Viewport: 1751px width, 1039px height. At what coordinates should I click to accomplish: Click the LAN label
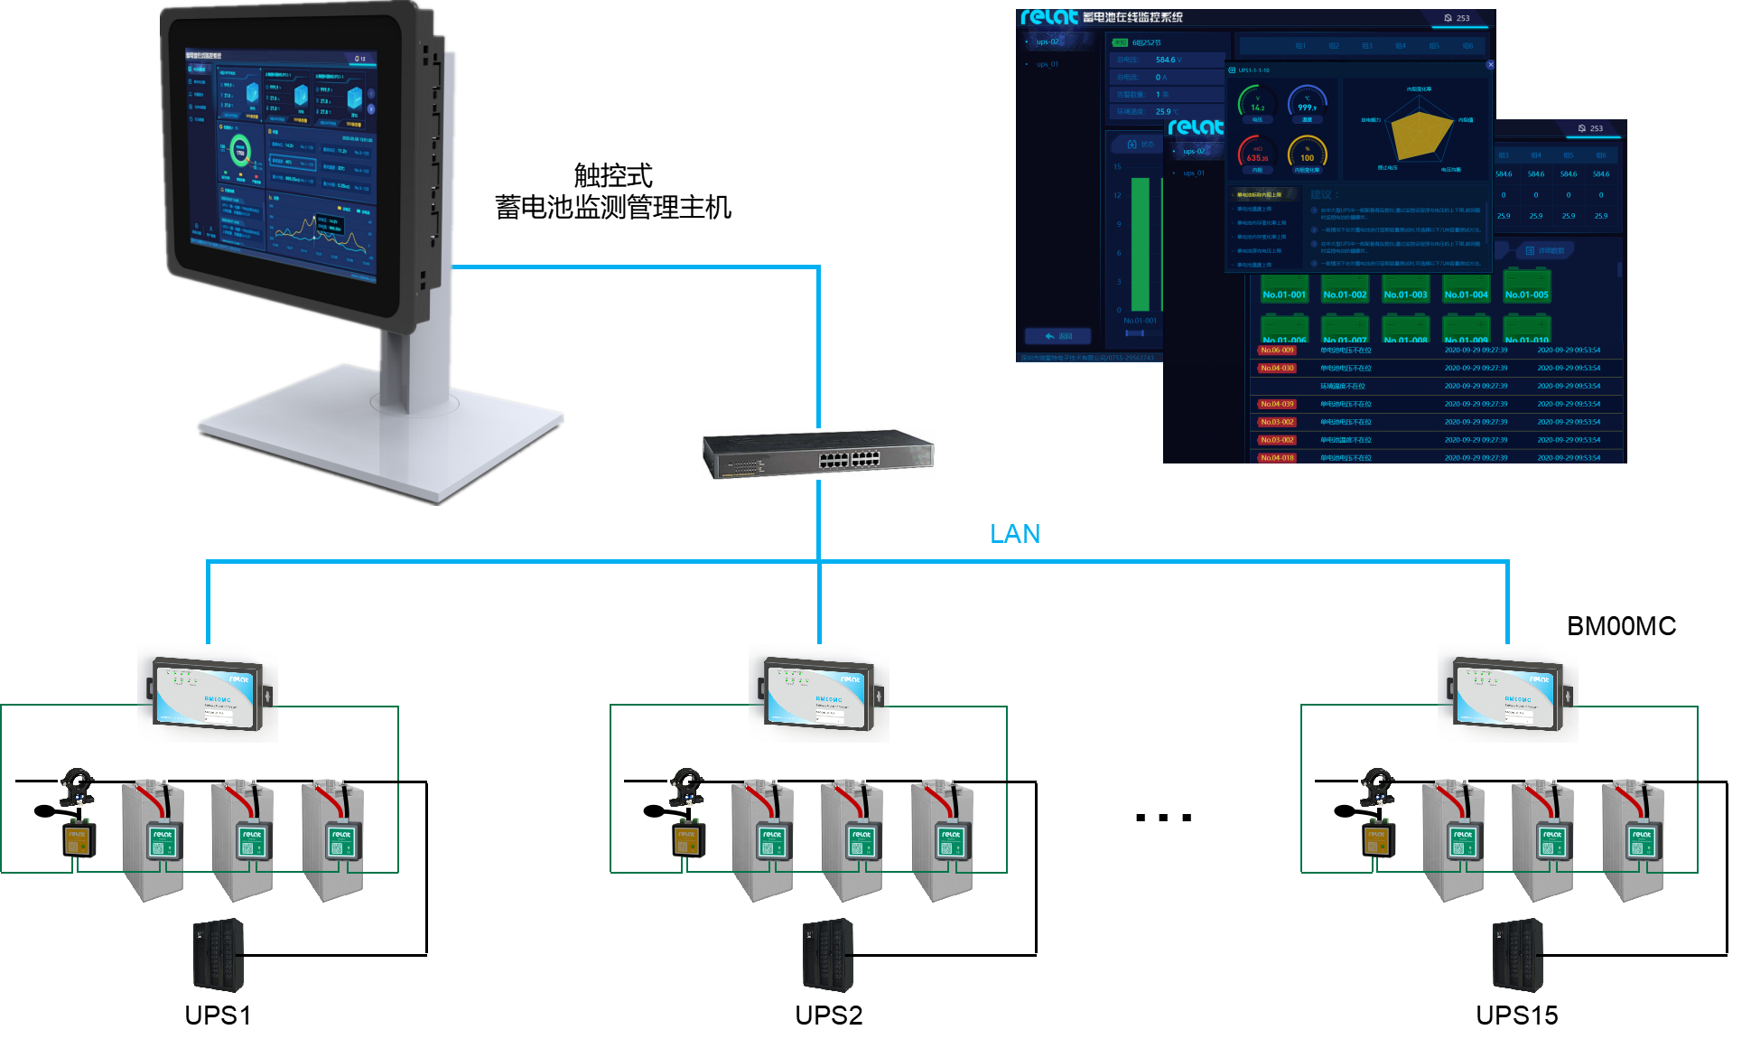[1015, 534]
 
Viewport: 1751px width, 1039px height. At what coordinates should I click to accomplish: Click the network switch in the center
[818, 454]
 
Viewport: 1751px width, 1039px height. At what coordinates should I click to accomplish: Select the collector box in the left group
[207, 694]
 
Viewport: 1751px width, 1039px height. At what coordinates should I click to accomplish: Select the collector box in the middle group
[818, 694]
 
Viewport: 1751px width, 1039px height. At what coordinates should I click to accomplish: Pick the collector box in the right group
[1507, 694]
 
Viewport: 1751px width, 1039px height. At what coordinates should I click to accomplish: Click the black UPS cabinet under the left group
[219, 955]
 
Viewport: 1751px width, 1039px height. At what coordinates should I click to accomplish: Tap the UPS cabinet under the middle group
[828, 955]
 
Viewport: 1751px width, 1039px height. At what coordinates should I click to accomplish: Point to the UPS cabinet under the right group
[1518, 955]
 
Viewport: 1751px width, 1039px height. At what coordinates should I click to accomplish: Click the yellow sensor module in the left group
[79, 838]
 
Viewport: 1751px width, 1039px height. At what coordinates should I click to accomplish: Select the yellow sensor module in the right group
[1379, 838]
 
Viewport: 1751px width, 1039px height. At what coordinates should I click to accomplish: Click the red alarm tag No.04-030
[1277, 368]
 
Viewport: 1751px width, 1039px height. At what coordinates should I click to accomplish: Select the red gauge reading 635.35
[1257, 154]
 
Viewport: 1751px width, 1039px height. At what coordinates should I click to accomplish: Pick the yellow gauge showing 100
[1307, 154]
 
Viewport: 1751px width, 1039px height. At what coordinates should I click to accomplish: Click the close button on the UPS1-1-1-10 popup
[1490, 65]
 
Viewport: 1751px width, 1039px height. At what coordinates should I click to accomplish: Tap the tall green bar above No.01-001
[1140, 244]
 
